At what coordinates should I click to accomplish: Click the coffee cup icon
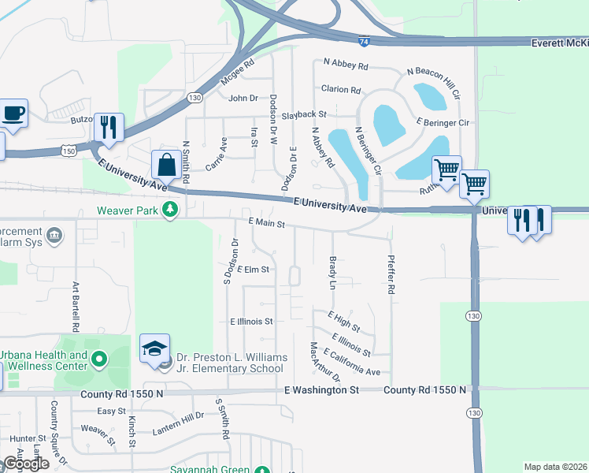[x=13, y=113]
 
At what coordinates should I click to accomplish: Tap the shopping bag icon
[x=167, y=166]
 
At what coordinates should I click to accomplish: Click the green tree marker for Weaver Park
[x=169, y=210]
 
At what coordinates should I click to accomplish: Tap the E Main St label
[x=265, y=224]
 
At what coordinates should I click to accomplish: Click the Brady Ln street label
[x=332, y=271]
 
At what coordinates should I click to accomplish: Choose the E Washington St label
[x=321, y=389]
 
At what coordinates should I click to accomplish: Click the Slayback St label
[x=305, y=115]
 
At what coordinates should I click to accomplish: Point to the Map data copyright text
[x=554, y=467]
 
